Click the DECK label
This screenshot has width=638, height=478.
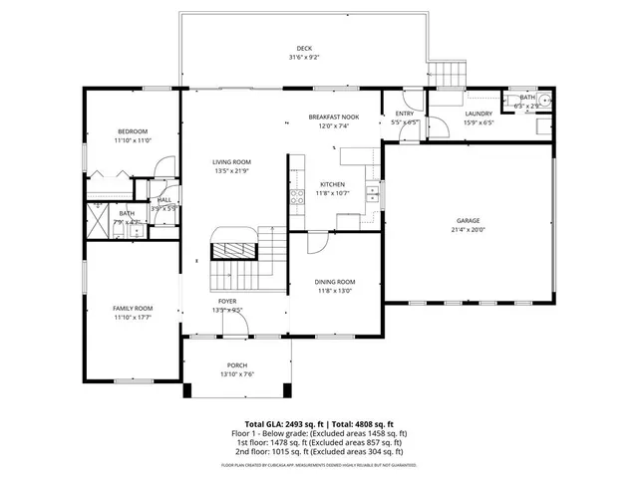point(304,49)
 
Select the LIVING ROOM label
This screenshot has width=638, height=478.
point(231,162)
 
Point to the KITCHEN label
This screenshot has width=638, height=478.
point(332,184)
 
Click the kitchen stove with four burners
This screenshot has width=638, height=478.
point(296,195)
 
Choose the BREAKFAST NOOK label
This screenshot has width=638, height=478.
point(333,118)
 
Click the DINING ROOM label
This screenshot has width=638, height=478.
point(335,282)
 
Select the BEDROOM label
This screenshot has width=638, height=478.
point(133,132)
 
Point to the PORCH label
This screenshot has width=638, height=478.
point(236,365)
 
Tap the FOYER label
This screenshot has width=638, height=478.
point(227,301)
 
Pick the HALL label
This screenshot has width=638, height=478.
point(163,200)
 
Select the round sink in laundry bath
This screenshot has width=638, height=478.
point(544,101)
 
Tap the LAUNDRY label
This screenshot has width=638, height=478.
point(478,114)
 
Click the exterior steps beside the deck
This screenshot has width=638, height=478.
point(448,75)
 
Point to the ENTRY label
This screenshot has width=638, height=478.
point(405,114)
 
